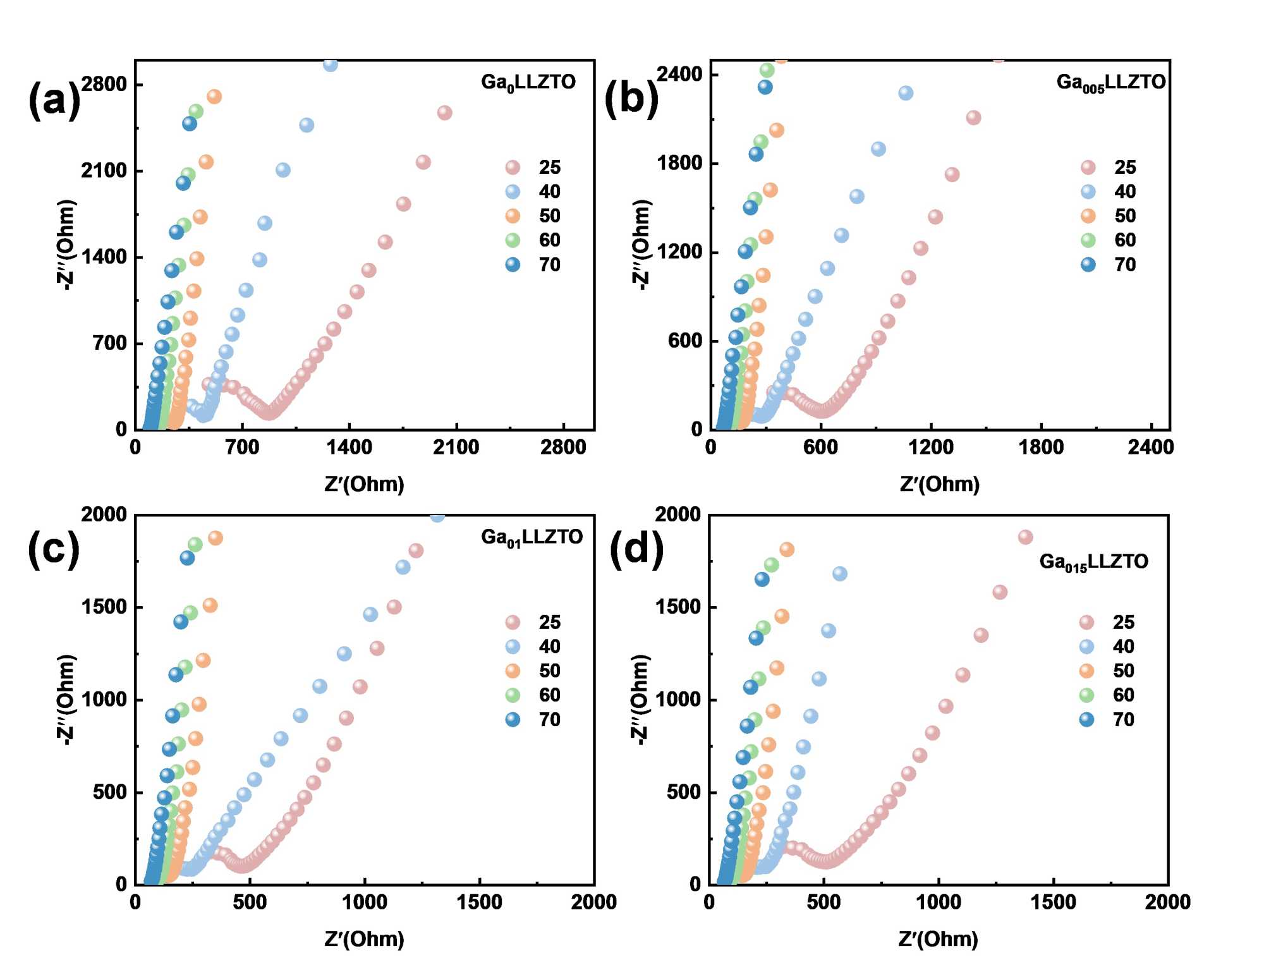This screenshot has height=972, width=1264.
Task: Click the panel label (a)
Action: pos(54,99)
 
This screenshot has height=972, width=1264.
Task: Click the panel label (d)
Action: pos(636,549)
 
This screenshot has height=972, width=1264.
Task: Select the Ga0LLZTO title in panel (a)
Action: pos(528,83)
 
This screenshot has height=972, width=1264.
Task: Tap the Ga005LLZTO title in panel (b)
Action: pos(1110,83)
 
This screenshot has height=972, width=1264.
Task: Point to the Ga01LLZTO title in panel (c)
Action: pos(532,538)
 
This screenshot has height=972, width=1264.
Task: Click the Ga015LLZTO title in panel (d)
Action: pos(1093,562)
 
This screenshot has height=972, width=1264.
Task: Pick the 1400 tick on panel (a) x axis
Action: pos(349,447)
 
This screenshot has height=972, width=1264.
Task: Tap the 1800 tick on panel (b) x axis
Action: pos(1041,447)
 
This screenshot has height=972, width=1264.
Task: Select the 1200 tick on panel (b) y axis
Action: pos(679,252)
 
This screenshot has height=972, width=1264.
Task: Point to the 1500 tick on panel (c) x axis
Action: pos(479,902)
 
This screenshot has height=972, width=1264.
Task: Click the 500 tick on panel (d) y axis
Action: pos(684,792)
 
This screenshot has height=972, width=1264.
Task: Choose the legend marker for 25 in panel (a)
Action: pos(513,167)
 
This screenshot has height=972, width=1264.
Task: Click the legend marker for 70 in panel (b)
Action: pos(1088,265)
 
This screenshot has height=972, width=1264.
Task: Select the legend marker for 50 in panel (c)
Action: pos(513,671)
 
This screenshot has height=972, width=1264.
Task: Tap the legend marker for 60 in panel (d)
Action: pos(1086,695)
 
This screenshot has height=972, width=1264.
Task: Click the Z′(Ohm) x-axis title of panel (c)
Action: pos(364,939)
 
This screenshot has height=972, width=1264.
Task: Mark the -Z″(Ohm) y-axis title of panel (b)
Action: pos(641,245)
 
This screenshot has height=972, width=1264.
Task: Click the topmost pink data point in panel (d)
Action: pos(1025,537)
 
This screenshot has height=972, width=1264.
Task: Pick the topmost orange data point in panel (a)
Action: pos(214,97)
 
